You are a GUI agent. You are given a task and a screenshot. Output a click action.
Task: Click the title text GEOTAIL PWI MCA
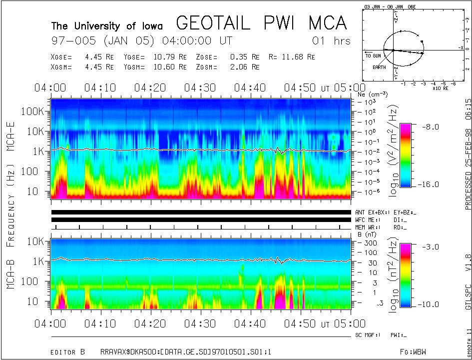click(x=261, y=23)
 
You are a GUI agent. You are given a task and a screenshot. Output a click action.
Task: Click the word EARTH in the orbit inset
click(x=380, y=66)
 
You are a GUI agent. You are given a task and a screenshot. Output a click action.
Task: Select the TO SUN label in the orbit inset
click(x=373, y=55)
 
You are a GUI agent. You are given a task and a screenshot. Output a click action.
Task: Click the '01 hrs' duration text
click(x=331, y=40)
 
